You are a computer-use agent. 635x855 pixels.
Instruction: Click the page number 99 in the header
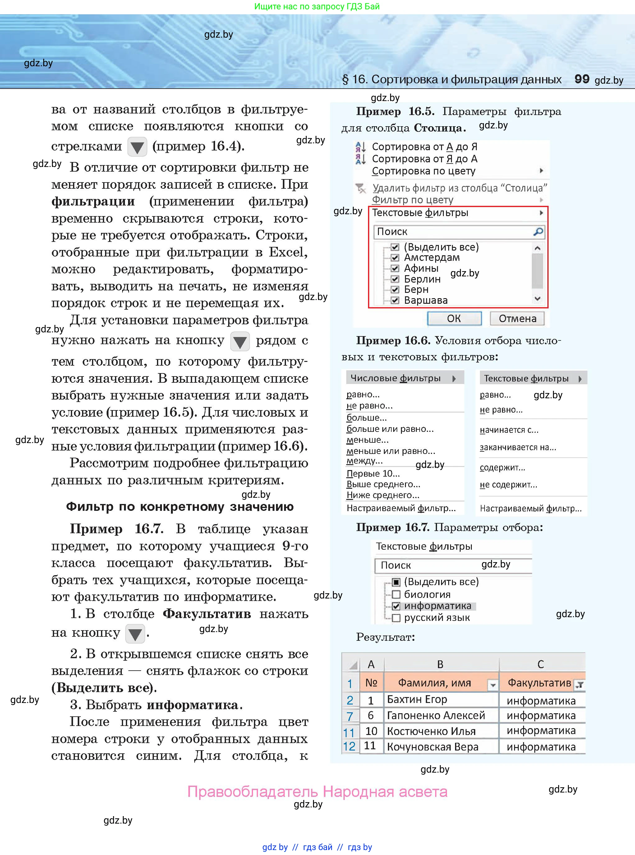point(582,79)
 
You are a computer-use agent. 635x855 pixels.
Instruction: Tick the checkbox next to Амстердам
point(395,257)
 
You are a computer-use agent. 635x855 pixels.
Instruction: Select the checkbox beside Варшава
point(395,300)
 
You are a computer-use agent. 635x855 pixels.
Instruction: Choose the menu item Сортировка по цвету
point(424,171)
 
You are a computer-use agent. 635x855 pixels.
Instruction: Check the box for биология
point(396,595)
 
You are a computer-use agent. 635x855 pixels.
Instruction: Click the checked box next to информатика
point(396,606)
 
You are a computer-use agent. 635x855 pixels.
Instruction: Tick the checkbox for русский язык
point(396,618)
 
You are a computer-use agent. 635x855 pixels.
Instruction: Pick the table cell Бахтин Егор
point(417,699)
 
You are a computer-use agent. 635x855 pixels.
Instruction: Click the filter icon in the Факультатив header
point(579,684)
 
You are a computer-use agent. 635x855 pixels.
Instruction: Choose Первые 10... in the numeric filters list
point(373,473)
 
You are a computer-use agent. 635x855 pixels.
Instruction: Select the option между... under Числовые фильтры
point(364,460)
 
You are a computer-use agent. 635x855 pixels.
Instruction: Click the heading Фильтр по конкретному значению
point(180,507)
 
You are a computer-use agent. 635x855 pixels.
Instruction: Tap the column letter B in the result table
point(440,664)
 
